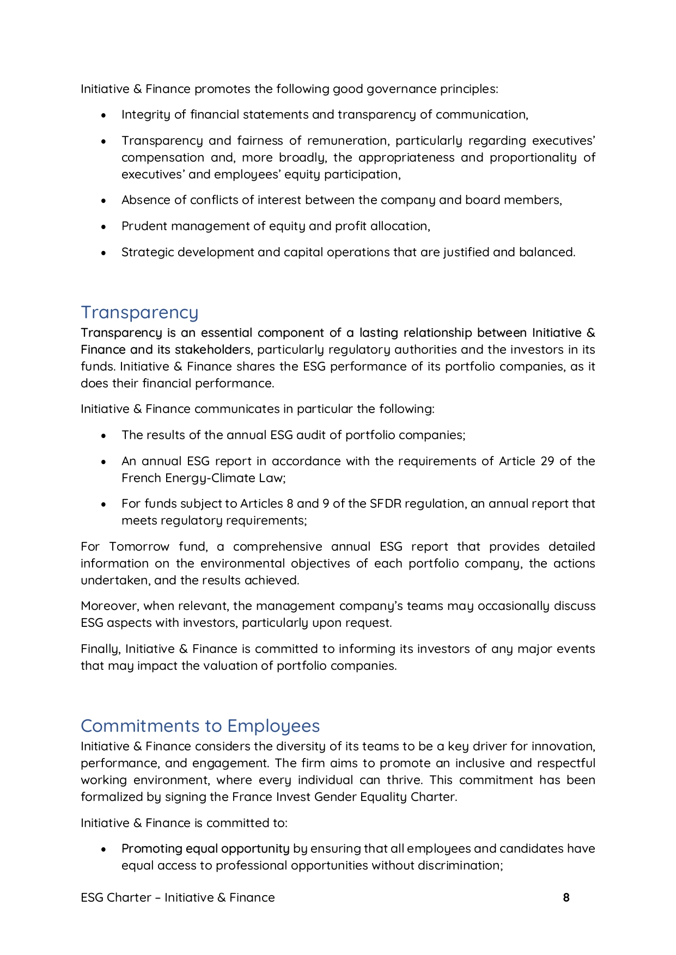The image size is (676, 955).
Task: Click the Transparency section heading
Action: [139, 312]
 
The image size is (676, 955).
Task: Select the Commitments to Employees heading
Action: [200, 726]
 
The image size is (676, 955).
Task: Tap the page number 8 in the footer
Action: [566, 898]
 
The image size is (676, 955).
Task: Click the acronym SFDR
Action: [386, 504]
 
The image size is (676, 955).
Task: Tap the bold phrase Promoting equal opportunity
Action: [205, 849]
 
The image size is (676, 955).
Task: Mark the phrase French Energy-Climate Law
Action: [203, 478]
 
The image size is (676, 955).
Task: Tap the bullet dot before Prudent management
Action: [103, 227]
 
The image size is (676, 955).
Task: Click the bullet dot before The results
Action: [103, 436]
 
